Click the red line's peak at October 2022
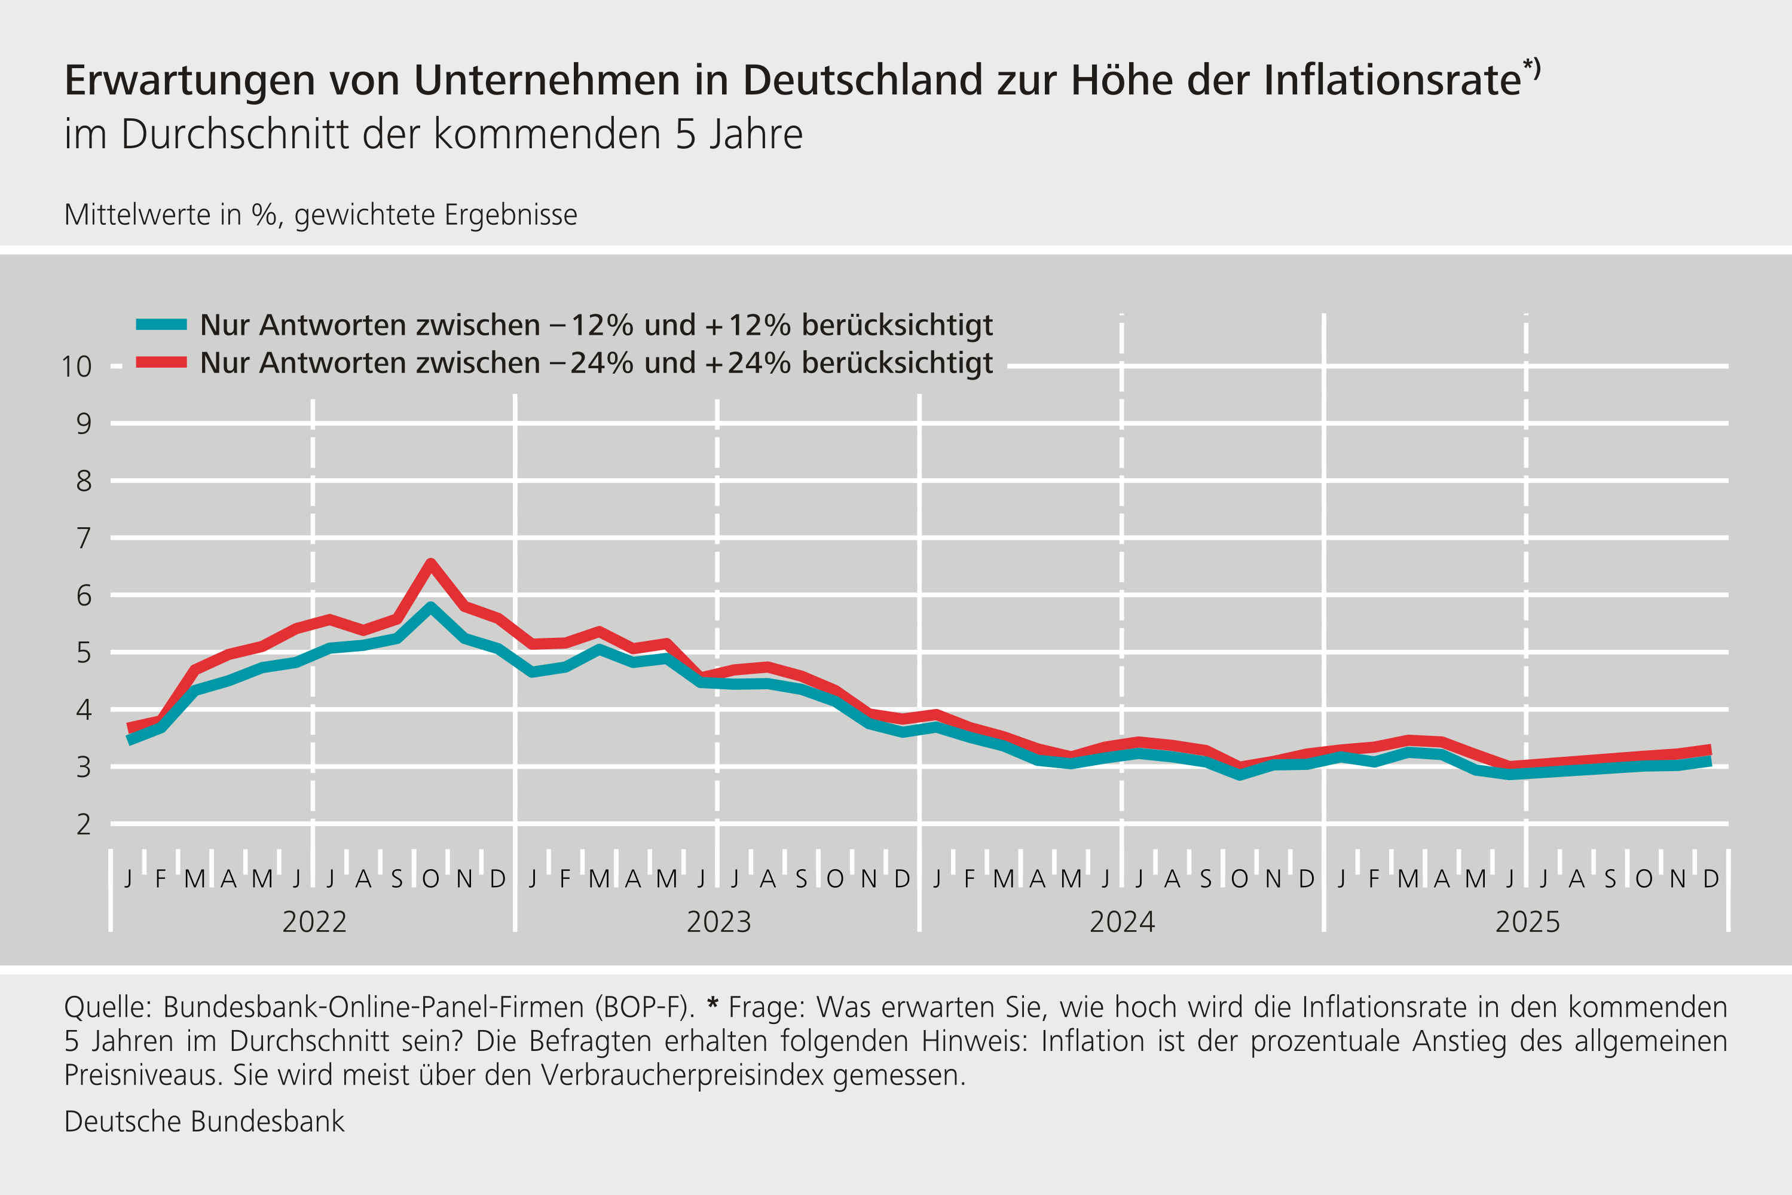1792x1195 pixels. (x=430, y=564)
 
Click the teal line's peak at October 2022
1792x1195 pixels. (x=430, y=607)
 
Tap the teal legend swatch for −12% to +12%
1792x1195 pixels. (x=161, y=325)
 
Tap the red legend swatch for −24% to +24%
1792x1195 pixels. (x=161, y=363)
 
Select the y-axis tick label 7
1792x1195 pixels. (x=83, y=539)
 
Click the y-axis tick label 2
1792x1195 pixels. (x=83, y=824)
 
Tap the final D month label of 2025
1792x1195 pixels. (x=1711, y=879)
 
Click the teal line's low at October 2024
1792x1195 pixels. (x=1240, y=774)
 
